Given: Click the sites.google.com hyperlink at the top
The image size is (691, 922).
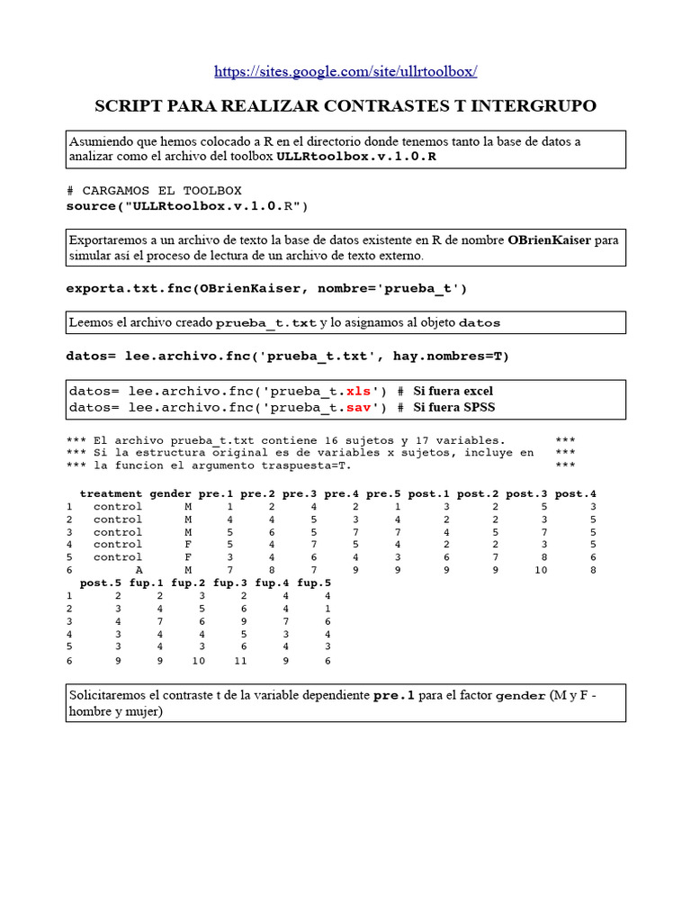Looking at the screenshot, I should pos(345,71).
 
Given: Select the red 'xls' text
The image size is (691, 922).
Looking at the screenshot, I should pos(359,391).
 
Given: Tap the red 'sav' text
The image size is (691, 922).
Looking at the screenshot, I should pos(359,407).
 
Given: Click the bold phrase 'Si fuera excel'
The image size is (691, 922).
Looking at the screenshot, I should pos(453,391).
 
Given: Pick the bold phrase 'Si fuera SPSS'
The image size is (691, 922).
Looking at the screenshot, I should pos(454,407).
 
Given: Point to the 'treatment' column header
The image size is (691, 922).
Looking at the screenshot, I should pos(111,493).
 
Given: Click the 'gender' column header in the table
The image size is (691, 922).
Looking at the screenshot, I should pos(170,493).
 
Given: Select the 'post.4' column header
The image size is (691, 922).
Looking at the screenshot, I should pos(576,493).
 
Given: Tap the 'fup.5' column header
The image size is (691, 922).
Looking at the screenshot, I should pos(314,583).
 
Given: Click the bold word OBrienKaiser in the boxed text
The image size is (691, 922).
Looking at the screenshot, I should pos(550,240).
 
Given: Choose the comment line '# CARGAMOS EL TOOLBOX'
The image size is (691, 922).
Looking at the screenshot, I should pos(154,191).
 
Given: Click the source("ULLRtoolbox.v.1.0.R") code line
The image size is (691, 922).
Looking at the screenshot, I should pos(187,206).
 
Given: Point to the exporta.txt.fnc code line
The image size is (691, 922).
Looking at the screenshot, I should pos(266,288).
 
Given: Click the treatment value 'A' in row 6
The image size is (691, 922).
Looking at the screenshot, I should pos(139,570).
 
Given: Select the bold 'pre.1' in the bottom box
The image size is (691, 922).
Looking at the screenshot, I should pos(394,696).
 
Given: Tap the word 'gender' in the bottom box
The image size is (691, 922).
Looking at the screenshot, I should pos(521,696).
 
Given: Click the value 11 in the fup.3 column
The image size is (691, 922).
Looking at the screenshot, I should pos(240,660).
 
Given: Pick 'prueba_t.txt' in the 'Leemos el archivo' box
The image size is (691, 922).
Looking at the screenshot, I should pos(266,322).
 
